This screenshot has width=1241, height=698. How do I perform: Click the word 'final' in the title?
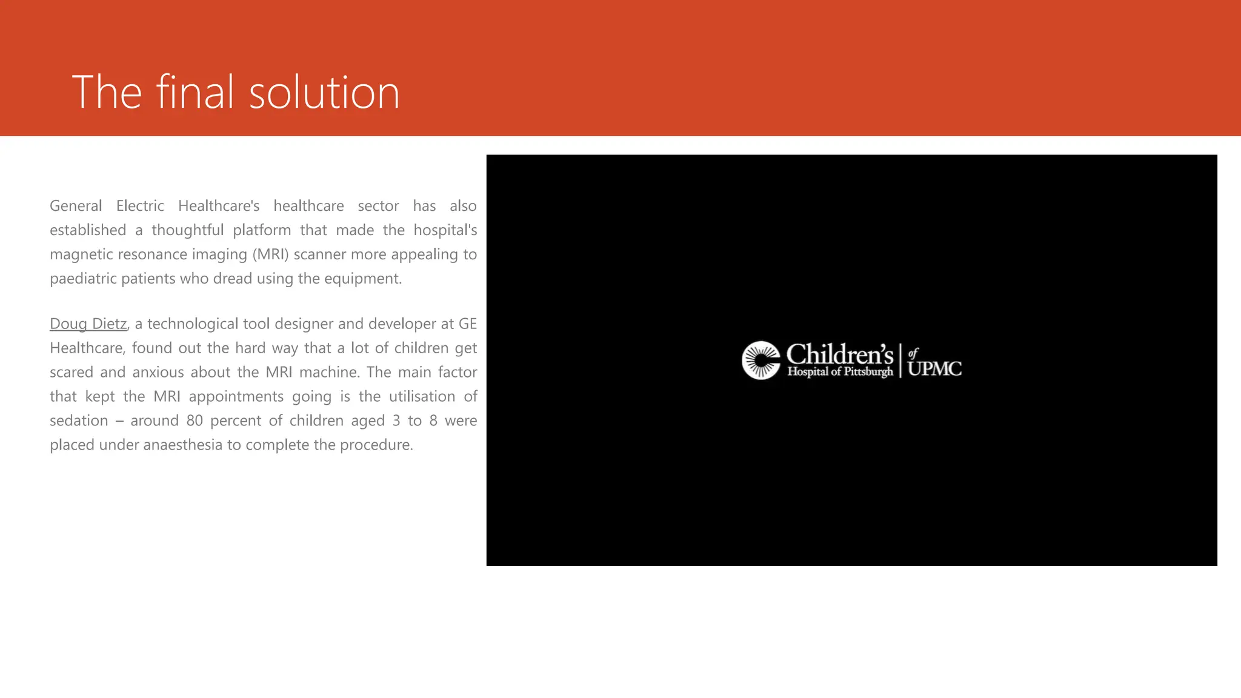(x=195, y=92)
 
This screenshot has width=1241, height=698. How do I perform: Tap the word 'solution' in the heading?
(x=324, y=93)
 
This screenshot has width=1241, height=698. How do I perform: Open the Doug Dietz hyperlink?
(x=88, y=324)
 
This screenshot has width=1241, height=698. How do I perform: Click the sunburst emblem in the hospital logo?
(x=761, y=361)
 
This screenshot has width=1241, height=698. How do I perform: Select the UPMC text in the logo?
(x=934, y=368)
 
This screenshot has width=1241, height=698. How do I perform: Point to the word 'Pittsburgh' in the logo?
(x=868, y=371)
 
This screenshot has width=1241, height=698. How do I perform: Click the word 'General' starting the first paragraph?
(x=76, y=206)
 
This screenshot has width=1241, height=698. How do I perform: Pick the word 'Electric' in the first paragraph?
(x=140, y=206)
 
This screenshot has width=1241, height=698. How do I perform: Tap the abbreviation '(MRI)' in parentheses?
(x=270, y=254)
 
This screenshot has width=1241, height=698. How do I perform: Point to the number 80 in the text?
(x=195, y=421)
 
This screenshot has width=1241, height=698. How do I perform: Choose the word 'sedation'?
(x=79, y=421)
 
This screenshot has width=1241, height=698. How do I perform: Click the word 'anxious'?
(x=158, y=373)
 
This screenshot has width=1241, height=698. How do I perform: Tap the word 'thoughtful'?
(x=187, y=230)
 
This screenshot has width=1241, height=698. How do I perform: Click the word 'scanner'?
(x=320, y=254)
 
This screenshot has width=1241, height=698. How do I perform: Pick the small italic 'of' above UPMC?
(x=913, y=353)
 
